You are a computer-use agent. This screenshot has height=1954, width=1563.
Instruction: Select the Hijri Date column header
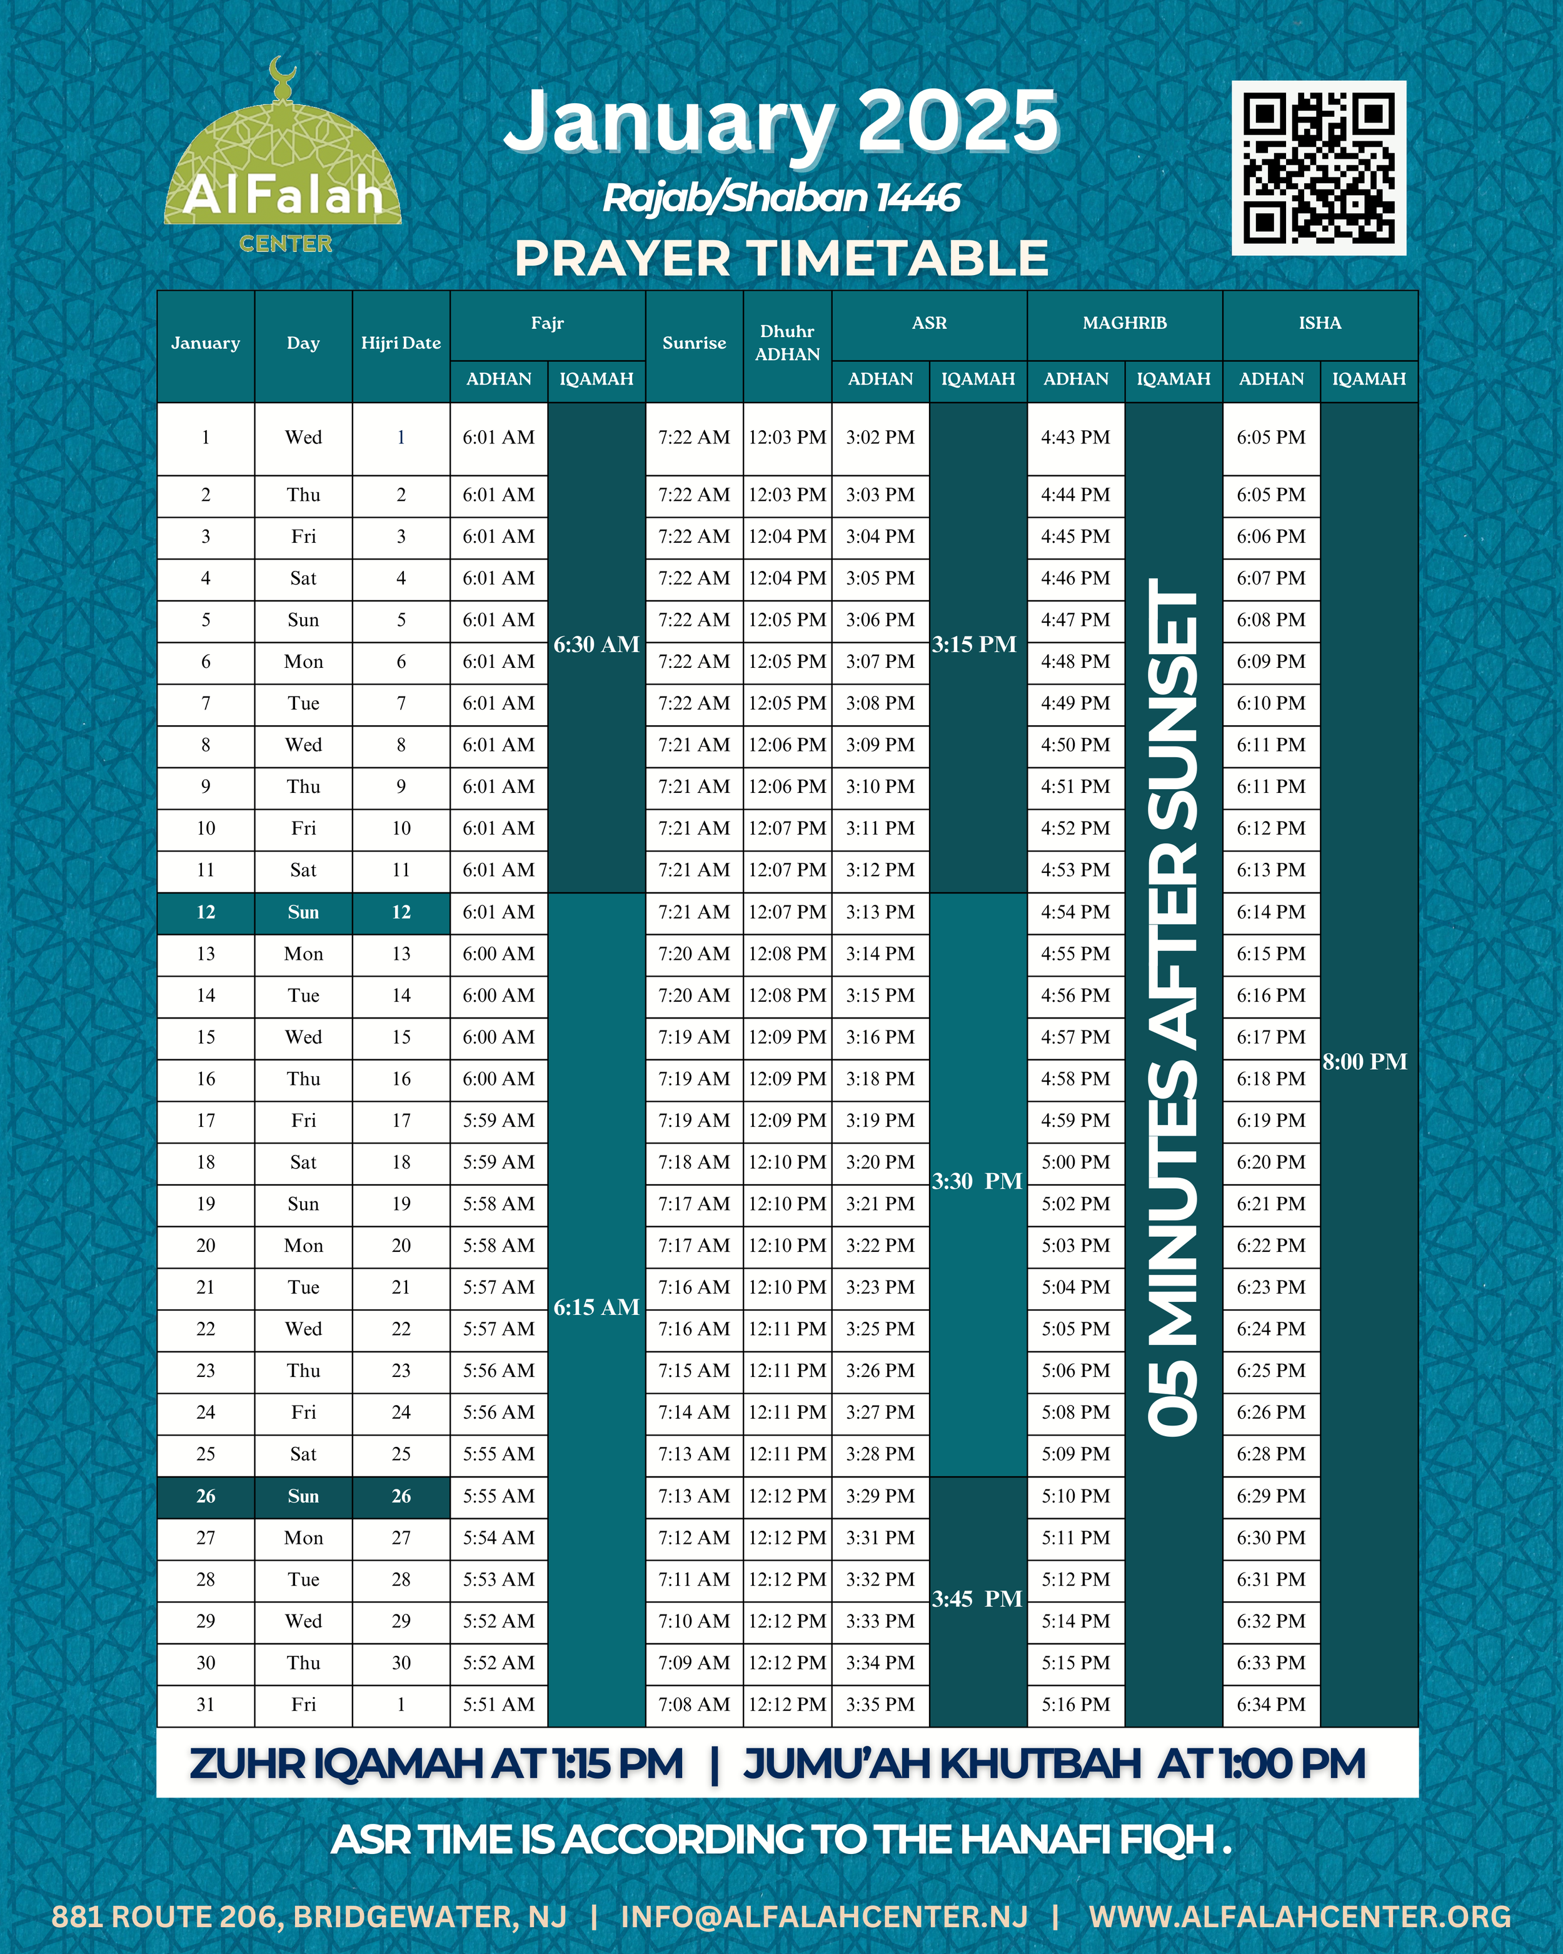coord(401,343)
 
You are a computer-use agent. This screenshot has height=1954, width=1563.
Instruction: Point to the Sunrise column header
coord(694,343)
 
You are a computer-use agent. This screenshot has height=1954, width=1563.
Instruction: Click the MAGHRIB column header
coord(1125,323)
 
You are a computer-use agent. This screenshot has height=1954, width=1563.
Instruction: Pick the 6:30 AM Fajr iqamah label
coord(596,645)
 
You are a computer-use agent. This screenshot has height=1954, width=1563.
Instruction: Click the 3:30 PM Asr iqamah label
coord(977,1181)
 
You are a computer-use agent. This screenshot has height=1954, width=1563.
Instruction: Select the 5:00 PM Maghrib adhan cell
coord(1075,1162)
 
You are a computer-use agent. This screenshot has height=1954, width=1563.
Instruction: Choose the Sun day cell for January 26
coord(304,1496)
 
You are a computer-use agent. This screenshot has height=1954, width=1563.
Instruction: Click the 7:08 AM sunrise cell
coord(694,1705)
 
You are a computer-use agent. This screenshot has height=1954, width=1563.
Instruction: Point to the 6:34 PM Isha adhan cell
coord(1271,1705)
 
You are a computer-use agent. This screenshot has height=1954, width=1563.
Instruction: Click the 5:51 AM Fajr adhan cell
coord(498,1705)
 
